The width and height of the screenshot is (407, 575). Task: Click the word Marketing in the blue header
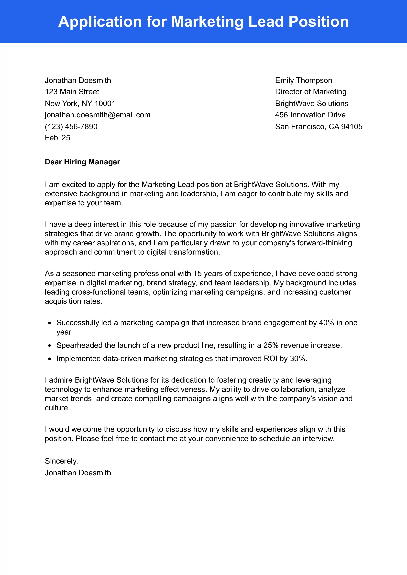point(207,22)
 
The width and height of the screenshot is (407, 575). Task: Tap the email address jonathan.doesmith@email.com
point(98,115)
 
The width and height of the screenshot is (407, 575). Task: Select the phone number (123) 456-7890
point(71,127)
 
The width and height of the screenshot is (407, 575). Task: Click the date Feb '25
point(57,138)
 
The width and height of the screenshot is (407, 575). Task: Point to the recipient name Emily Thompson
point(303,80)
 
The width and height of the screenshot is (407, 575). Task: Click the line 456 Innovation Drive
point(310,115)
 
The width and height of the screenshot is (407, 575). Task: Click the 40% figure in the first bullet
point(327,323)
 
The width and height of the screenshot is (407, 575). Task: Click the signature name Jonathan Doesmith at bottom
point(78,473)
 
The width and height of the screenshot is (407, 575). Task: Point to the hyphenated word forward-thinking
point(324,243)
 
